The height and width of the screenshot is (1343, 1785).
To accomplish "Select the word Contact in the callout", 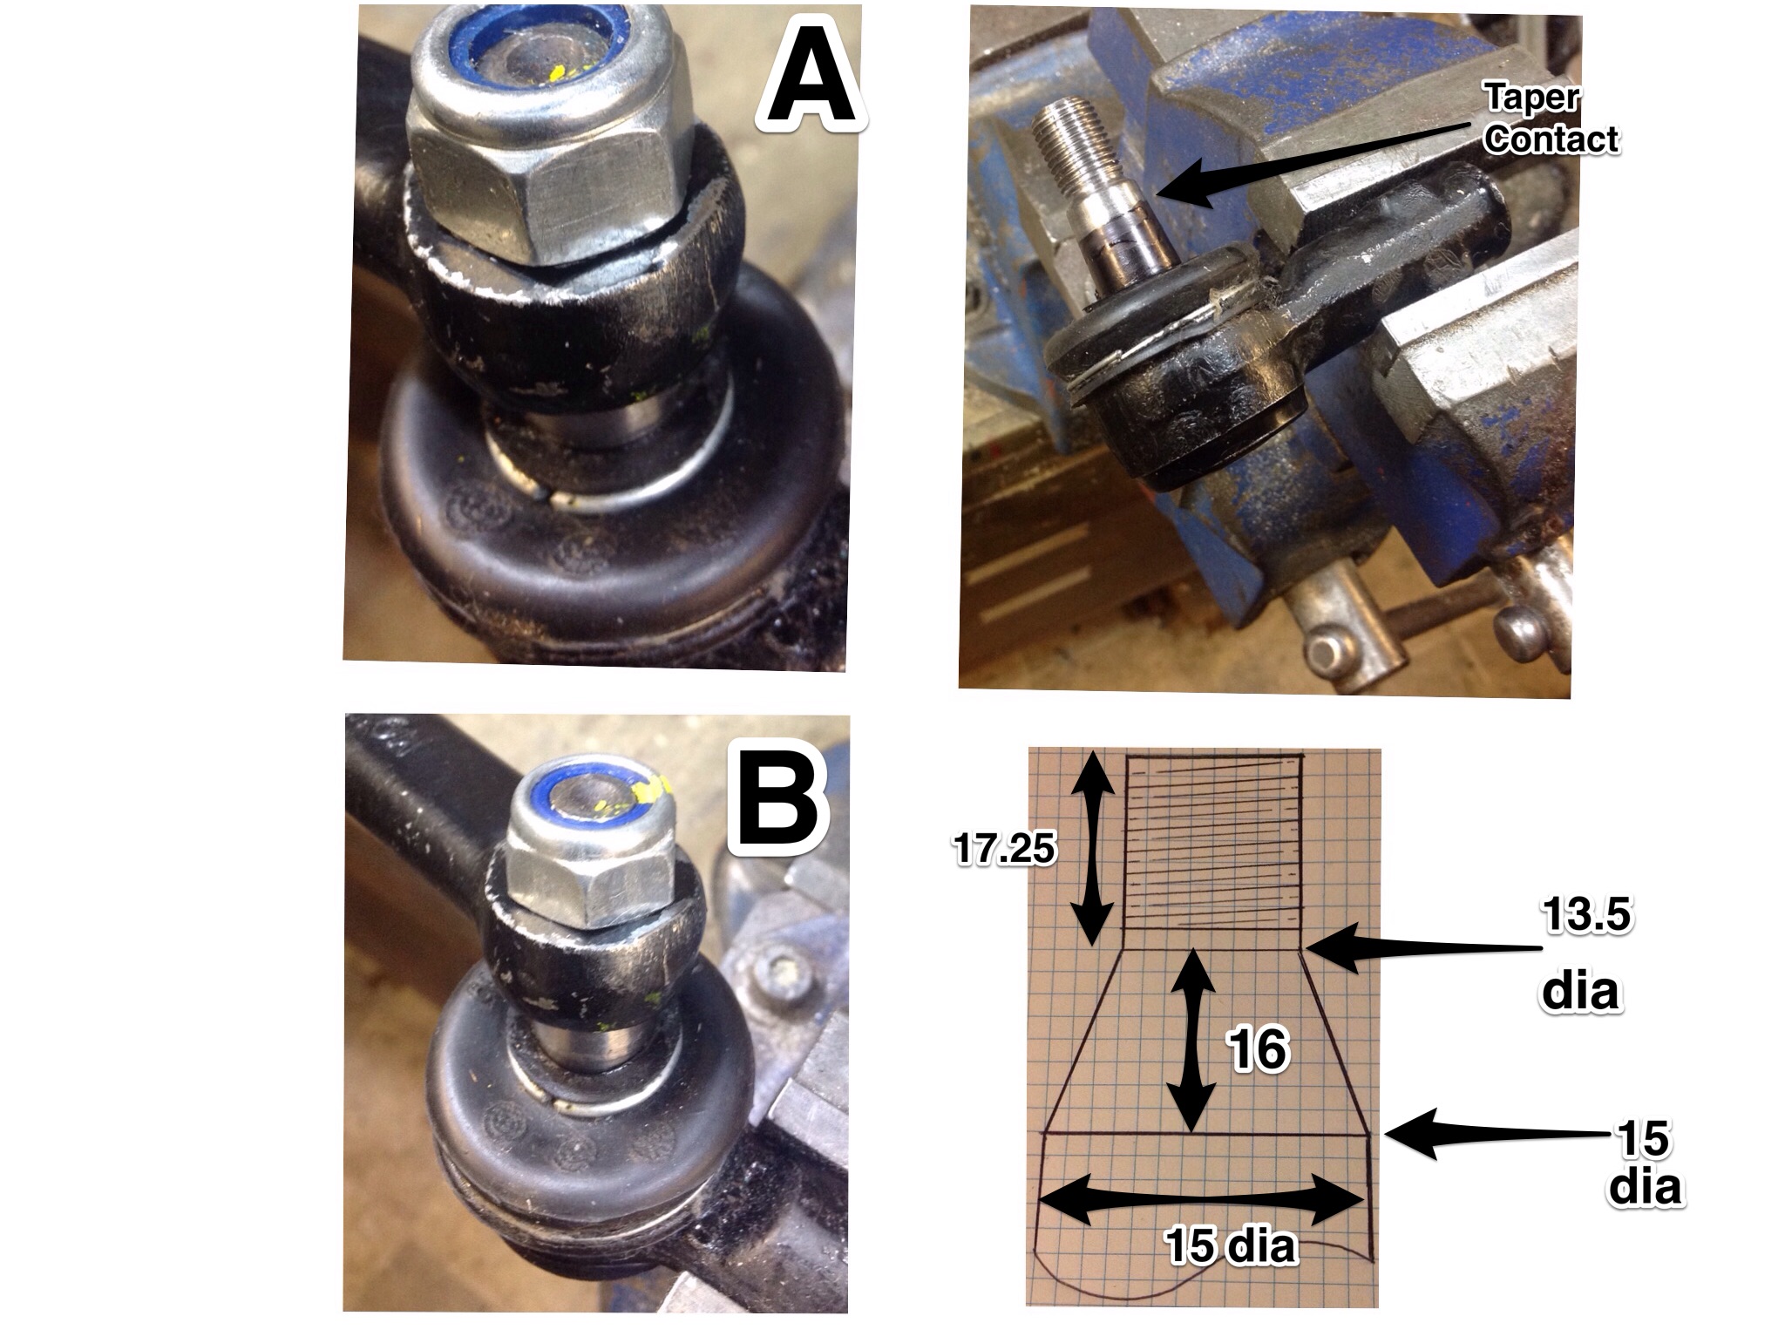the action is [x=1551, y=139].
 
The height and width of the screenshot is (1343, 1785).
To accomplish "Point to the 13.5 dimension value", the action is [x=1585, y=917].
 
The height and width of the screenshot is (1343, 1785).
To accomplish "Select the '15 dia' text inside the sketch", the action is [x=1231, y=1247].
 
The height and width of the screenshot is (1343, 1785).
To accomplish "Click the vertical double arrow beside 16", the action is [x=1191, y=1041].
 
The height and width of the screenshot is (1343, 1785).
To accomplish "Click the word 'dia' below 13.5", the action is [x=1580, y=993].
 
